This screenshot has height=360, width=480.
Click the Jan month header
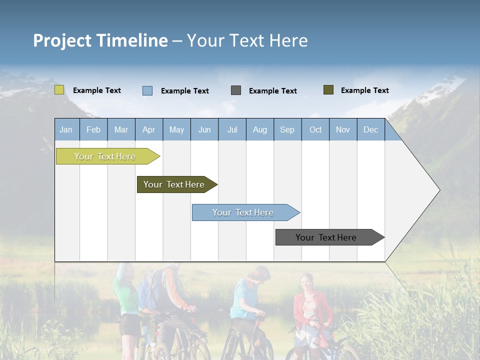[x=66, y=130]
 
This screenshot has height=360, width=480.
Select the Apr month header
[x=148, y=130]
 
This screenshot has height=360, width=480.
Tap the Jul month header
[x=232, y=130]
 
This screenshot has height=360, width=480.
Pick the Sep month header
[x=287, y=130]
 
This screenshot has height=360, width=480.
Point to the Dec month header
[x=370, y=130]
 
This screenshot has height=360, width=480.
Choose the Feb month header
[x=93, y=130]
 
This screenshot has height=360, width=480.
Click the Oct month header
[x=315, y=130]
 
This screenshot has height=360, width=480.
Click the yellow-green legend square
[x=59, y=90]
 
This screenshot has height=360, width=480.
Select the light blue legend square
[x=147, y=90]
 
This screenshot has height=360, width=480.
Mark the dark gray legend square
[x=236, y=90]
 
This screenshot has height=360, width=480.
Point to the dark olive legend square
[x=328, y=90]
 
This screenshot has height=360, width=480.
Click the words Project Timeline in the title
[x=100, y=40]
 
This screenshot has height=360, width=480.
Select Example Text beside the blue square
[x=185, y=91]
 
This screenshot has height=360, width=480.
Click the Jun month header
[x=204, y=130]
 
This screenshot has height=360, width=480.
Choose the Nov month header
[x=343, y=130]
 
